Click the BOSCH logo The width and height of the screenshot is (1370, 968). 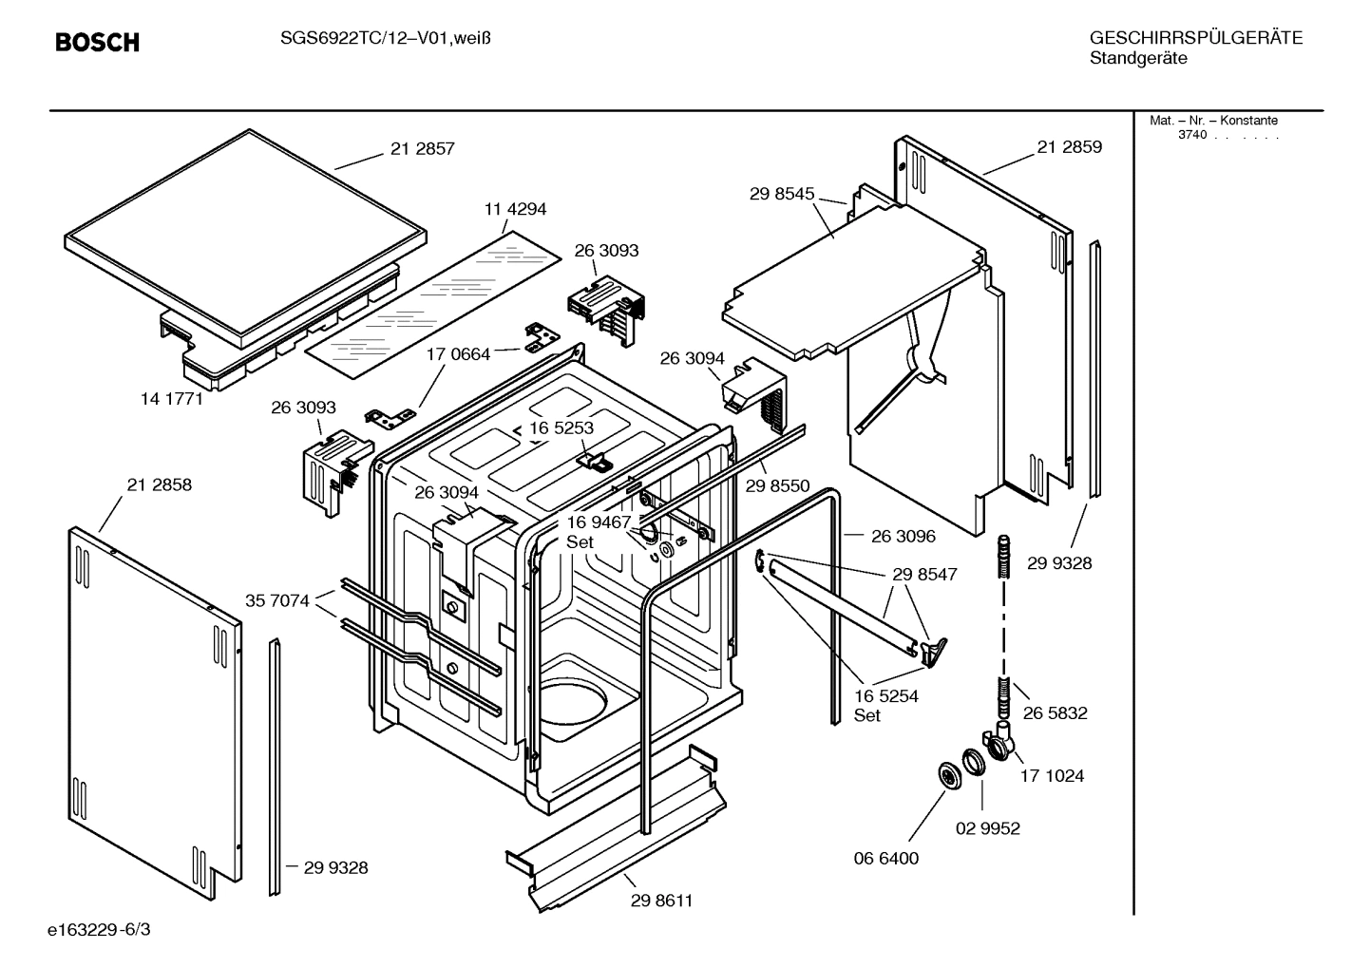pyautogui.click(x=97, y=42)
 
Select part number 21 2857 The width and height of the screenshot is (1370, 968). pyautogui.click(x=422, y=148)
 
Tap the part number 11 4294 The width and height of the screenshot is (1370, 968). pyautogui.click(x=515, y=209)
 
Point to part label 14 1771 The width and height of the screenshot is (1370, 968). pyautogui.click(x=172, y=399)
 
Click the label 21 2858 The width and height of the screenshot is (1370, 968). pyautogui.click(x=159, y=484)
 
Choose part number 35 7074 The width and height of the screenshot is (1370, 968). pyautogui.click(x=277, y=600)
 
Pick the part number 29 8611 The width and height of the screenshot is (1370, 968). pyautogui.click(x=661, y=901)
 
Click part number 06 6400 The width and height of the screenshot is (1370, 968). pyautogui.click(x=886, y=858)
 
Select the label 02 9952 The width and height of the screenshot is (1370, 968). pyautogui.click(x=987, y=828)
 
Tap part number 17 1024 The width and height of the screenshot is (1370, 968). pyautogui.click(x=1052, y=775)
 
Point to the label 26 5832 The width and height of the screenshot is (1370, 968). pyautogui.click(x=1055, y=712)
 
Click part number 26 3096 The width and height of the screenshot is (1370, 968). pyautogui.click(x=903, y=536)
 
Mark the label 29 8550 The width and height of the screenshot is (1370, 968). pyautogui.click(x=777, y=485)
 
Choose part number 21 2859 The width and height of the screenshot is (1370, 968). pyautogui.click(x=1069, y=147)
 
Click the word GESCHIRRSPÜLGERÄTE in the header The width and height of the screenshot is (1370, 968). pyautogui.click(x=1195, y=38)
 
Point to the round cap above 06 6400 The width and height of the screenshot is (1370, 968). pyautogui.click(x=948, y=774)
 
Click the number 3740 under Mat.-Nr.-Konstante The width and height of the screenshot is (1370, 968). pyautogui.click(x=1191, y=135)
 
